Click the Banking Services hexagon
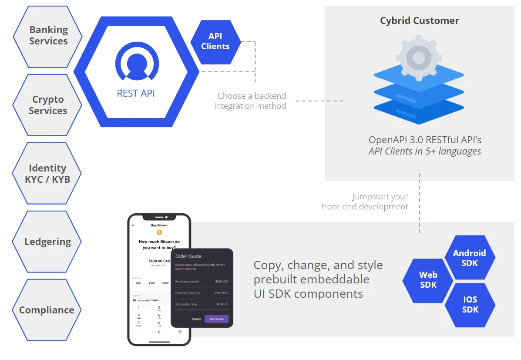(48, 36)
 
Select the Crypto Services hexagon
(48, 105)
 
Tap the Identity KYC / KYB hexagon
(47, 174)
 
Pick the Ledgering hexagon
(47, 242)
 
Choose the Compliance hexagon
(47, 310)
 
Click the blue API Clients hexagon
(215, 42)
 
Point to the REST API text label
(136, 93)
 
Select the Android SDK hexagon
(470, 258)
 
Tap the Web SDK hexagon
(428, 280)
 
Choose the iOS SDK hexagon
(470, 305)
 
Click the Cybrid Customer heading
(420, 20)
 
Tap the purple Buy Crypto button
(216, 319)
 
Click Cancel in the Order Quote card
(196, 319)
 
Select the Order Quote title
(188, 256)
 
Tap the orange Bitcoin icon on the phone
(159, 232)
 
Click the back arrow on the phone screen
(134, 225)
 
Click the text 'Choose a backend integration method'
(251, 101)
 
